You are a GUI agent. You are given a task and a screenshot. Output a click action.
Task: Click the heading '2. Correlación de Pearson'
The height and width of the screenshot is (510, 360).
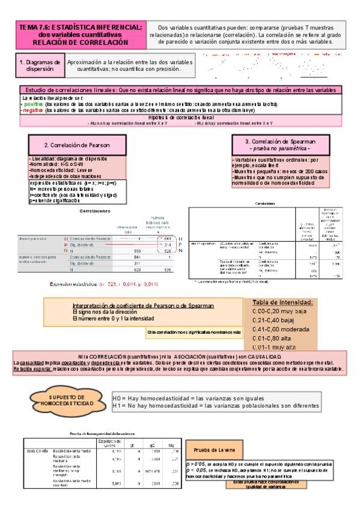click(x=76, y=146)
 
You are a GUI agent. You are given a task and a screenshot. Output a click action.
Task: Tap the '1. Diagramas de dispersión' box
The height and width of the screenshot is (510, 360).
click(x=39, y=66)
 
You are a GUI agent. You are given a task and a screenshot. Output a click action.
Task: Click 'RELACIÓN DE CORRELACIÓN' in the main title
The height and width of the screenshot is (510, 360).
click(x=81, y=43)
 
